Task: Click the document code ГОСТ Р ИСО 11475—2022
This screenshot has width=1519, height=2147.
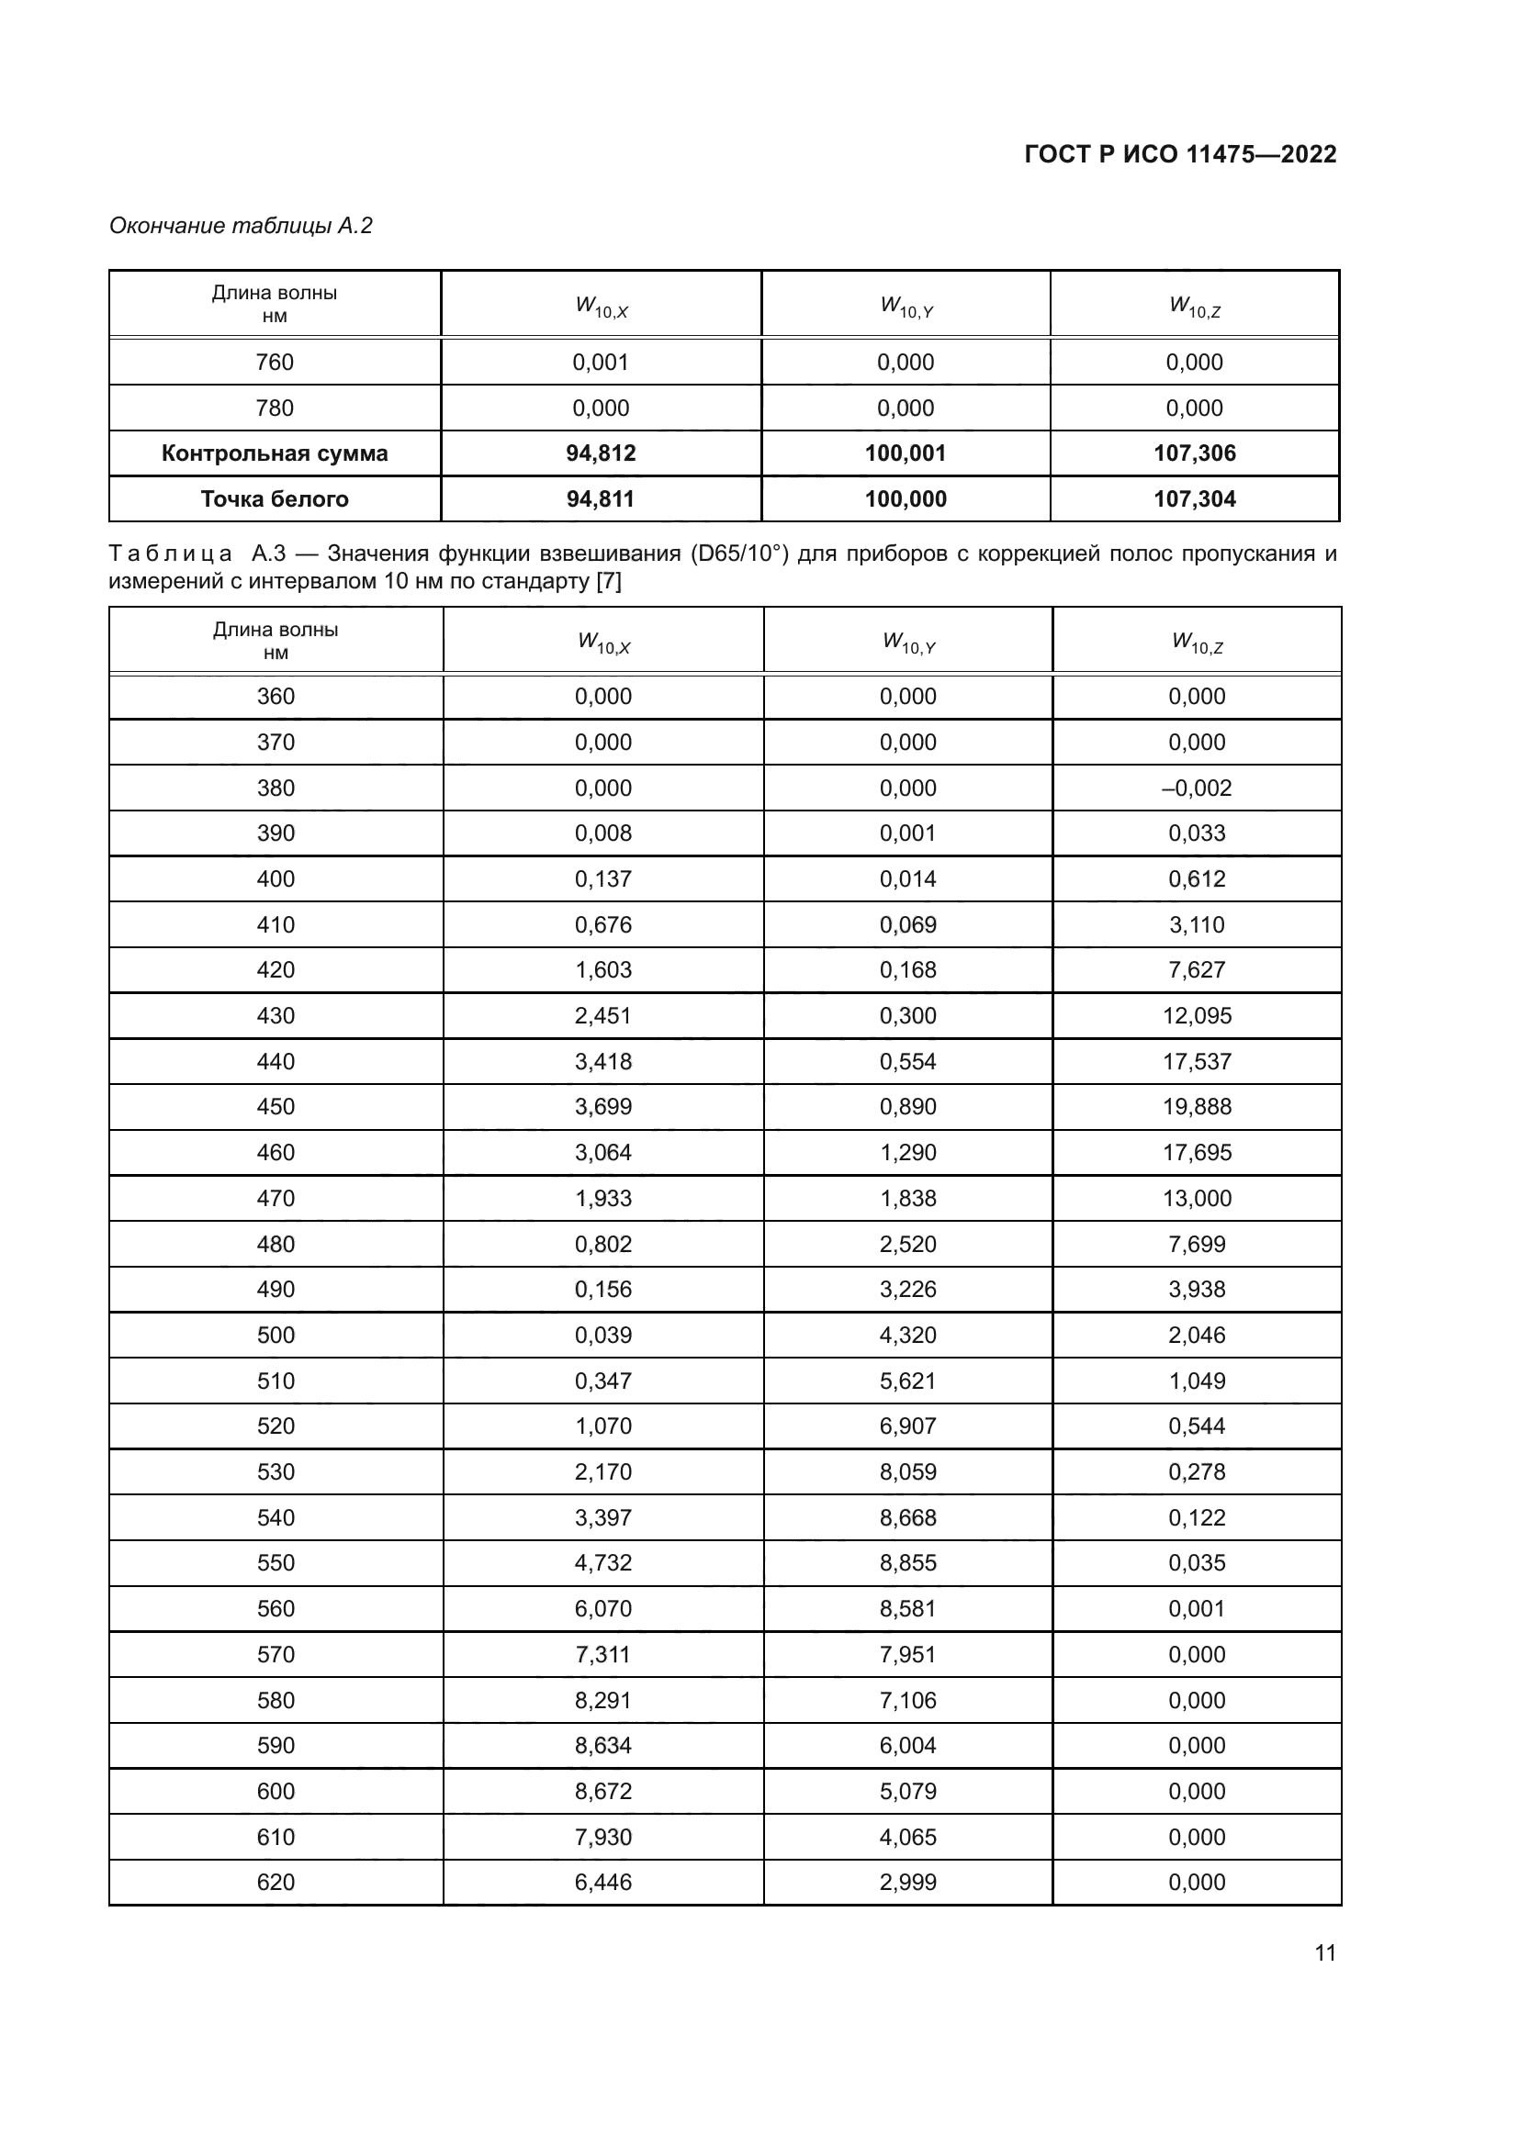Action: tap(1180, 154)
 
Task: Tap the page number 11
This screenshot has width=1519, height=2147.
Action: tap(1324, 1952)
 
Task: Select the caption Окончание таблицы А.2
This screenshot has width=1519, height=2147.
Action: tap(242, 226)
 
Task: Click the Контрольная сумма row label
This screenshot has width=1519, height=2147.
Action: tap(274, 453)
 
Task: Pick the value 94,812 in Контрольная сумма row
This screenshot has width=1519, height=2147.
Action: tap(601, 453)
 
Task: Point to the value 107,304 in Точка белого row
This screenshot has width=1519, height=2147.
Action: tap(1195, 499)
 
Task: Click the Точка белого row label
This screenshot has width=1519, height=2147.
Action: tap(274, 499)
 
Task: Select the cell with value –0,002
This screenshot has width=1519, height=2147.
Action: tap(1197, 788)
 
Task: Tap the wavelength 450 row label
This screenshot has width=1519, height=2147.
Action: tap(275, 1107)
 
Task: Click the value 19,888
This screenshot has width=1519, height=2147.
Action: tap(1197, 1107)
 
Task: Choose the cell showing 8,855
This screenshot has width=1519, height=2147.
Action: tap(907, 1563)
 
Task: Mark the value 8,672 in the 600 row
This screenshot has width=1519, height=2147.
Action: tap(603, 1792)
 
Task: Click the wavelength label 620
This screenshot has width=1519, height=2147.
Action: tap(275, 1883)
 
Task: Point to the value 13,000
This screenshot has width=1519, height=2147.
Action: tap(1197, 1199)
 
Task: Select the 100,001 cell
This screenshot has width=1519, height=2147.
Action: tap(906, 453)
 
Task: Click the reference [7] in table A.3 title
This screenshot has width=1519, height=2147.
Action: tap(608, 582)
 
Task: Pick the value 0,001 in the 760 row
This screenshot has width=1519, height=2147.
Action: tap(601, 363)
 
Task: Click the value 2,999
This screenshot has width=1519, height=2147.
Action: tap(907, 1883)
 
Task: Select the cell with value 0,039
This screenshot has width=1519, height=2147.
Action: tap(603, 1336)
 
